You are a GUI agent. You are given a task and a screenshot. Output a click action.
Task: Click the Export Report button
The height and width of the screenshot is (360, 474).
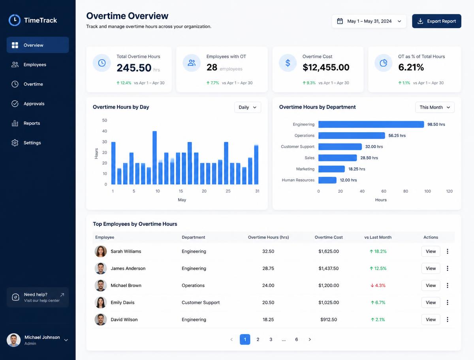point(436,21)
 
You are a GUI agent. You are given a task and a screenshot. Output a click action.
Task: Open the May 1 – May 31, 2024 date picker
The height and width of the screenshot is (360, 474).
point(369,21)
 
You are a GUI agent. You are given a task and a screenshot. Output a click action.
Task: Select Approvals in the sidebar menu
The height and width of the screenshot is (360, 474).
point(34,104)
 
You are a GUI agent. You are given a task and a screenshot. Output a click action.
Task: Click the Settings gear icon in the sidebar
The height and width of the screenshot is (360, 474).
point(15,143)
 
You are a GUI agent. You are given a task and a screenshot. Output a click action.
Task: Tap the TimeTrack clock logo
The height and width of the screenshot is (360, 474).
point(15,20)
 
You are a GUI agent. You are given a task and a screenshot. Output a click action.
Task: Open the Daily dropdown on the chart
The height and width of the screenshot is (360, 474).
point(248,107)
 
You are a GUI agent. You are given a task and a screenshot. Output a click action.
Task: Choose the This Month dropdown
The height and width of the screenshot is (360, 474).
point(435,107)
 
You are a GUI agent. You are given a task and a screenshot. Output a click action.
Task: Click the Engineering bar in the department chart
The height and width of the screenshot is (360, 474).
point(371,124)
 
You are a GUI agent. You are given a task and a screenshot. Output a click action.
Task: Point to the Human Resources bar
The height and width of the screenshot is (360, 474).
point(327,180)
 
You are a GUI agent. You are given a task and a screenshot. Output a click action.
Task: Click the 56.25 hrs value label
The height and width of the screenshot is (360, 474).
point(397,136)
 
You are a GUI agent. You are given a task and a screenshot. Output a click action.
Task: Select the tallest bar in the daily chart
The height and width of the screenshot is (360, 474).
point(154,157)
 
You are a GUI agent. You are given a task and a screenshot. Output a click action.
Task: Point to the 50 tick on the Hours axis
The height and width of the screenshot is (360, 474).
point(105,120)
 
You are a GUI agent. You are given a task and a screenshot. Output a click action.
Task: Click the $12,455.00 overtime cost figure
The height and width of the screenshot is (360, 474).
point(326,67)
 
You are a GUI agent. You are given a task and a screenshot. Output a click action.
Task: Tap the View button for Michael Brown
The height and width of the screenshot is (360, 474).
point(431,285)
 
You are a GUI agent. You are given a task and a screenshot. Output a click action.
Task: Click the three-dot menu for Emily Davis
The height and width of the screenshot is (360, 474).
point(448,302)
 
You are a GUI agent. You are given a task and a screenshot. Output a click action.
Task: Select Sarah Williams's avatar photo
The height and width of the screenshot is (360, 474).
point(101,251)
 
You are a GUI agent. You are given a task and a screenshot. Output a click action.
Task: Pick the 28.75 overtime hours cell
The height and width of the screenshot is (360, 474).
point(268,268)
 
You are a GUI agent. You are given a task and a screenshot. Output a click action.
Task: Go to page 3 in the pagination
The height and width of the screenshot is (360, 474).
point(271,339)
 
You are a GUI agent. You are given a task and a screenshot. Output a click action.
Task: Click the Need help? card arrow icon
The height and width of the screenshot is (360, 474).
point(62,294)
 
